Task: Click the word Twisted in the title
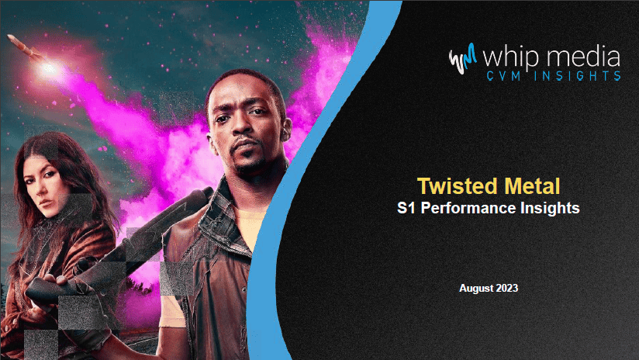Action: [450, 187]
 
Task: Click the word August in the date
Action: [474, 288]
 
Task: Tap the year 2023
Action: [505, 288]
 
